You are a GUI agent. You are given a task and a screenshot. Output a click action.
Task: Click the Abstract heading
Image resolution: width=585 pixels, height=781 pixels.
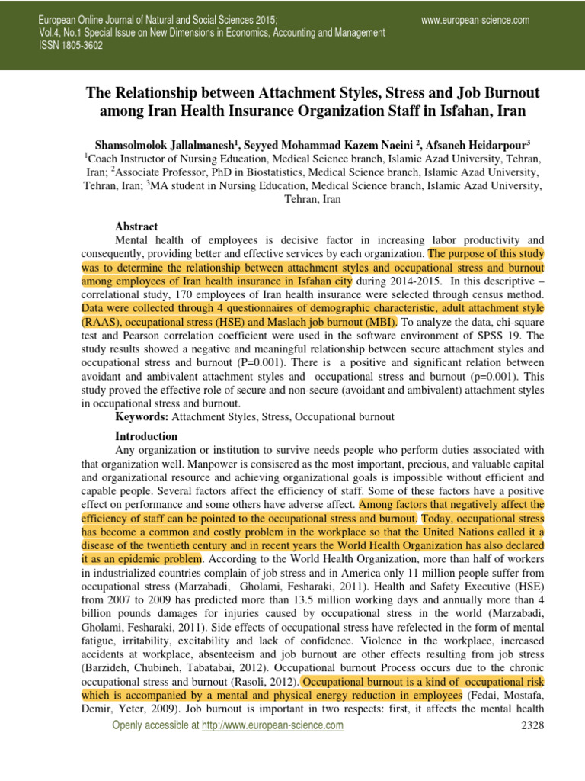pos(136,227)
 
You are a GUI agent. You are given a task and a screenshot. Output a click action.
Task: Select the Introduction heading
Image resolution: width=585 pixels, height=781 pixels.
pos(146,436)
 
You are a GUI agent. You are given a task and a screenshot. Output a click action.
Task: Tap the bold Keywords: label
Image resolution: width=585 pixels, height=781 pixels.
pos(142,417)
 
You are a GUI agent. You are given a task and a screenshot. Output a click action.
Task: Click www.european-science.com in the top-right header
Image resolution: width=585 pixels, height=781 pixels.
pos(475,20)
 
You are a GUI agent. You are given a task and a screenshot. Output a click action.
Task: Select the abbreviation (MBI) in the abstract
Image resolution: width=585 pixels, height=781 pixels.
pos(378,322)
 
